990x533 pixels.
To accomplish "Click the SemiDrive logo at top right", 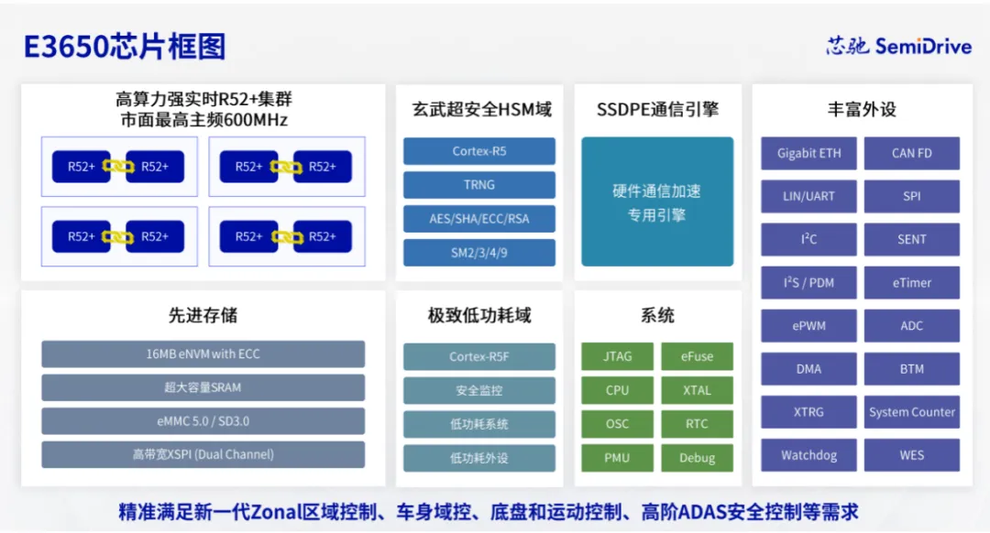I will pyautogui.click(x=897, y=46).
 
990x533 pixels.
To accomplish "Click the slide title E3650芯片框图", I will pyautogui.click(x=125, y=47).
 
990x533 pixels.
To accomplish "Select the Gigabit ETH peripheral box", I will pyautogui.click(x=808, y=154).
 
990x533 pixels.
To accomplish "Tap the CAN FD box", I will pyautogui.click(x=911, y=154).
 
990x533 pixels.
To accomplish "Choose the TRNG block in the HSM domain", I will pyautogui.click(x=478, y=185).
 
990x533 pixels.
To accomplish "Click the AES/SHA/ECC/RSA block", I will pyautogui.click(x=478, y=219).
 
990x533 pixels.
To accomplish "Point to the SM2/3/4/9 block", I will pyautogui.click(x=478, y=253).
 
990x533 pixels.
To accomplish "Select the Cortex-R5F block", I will pyautogui.click(x=478, y=356).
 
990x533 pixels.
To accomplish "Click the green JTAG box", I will pyautogui.click(x=617, y=356).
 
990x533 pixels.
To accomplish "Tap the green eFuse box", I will pyautogui.click(x=697, y=356).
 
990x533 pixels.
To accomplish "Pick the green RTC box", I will pyautogui.click(x=697, y=424).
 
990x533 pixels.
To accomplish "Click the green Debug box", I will pyautogui.click(x=697, y=458).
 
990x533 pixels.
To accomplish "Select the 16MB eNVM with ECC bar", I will pyautogui.click(x=203, y=354).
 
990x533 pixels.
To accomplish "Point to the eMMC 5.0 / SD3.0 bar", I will pyautogui.click(x=203, y=421).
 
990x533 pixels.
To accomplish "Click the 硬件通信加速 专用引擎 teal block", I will pyautogui.click(x=657, y=202).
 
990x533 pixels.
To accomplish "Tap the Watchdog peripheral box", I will pyautogui.click(x=808, y=455).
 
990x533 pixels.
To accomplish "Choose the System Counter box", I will pyautogui.click(x=911, y=412).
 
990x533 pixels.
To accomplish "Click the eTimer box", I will pyautogui.click(x=911, y=283).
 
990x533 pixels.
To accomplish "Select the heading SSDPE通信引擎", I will pyautogui.click(x=657, y=110).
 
